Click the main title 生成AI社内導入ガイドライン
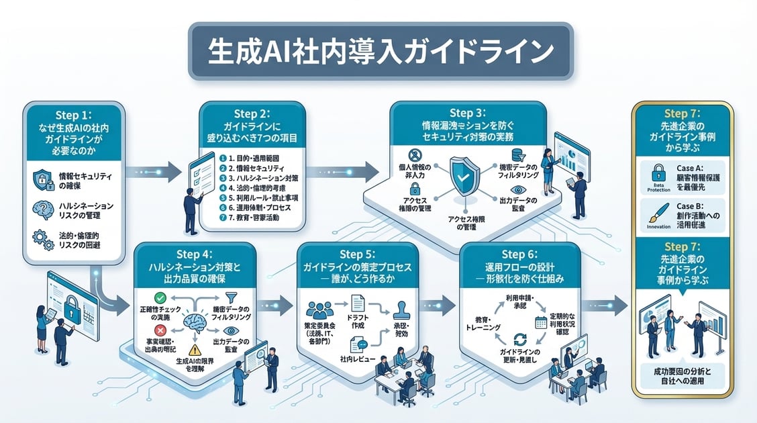click(380, 52)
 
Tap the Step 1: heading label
click(74, 114)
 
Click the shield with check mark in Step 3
click(464, 176)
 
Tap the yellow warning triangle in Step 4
click(195, 348)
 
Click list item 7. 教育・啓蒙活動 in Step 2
click(252, 218)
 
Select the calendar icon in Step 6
click(538, 322)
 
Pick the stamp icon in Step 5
click(401, 310)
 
